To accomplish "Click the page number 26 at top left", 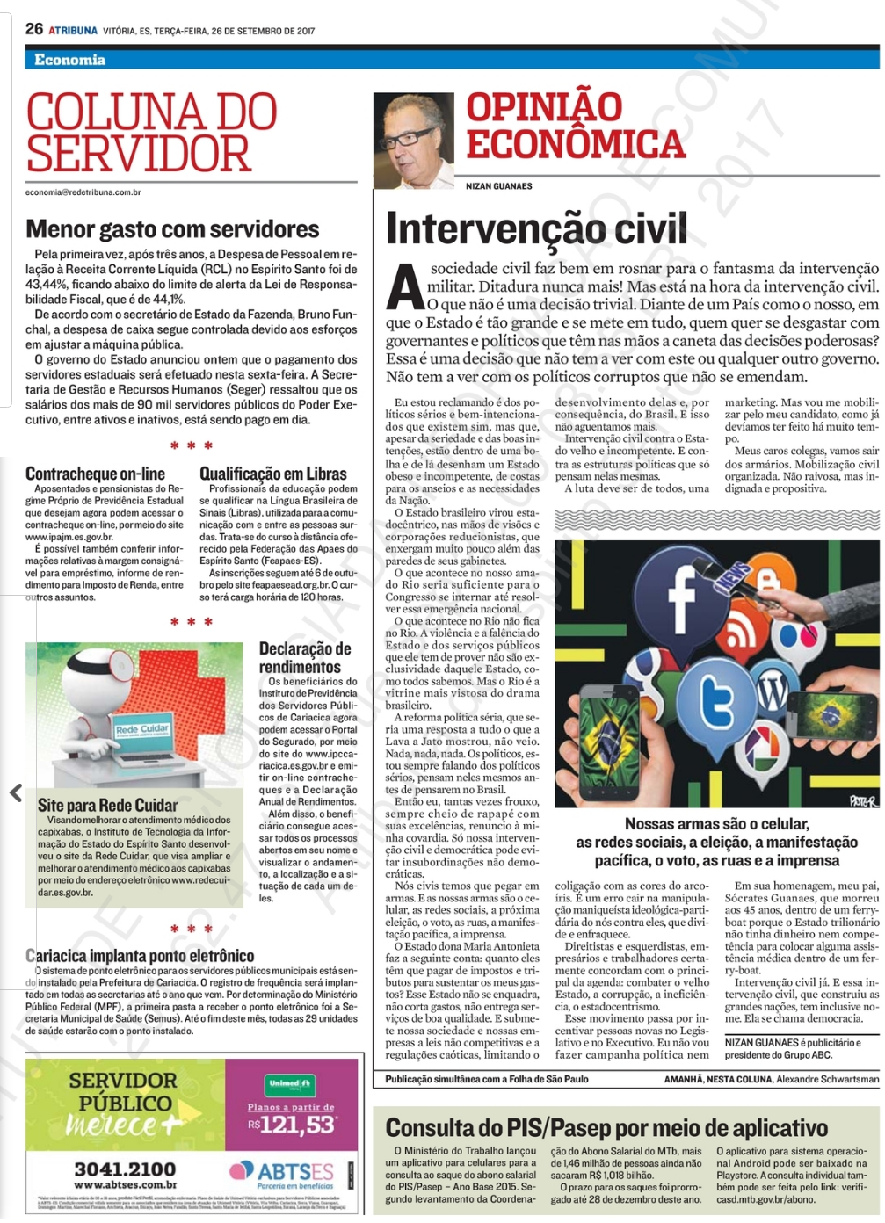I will click(33, 29).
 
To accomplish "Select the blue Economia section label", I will click(69, 60).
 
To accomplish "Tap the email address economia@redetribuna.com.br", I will click(83, 192).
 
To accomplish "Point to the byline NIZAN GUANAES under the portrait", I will click(498, 186).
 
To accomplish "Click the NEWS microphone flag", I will click(730, 580).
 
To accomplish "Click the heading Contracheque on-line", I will click(95, 474).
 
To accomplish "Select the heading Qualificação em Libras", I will click(272, 474).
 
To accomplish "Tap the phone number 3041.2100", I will click(125, 1169).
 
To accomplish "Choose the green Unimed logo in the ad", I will click(290, 1086).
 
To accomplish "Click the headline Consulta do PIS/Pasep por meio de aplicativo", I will click(606, 1128).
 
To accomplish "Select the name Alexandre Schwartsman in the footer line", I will click(827, 1079).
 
